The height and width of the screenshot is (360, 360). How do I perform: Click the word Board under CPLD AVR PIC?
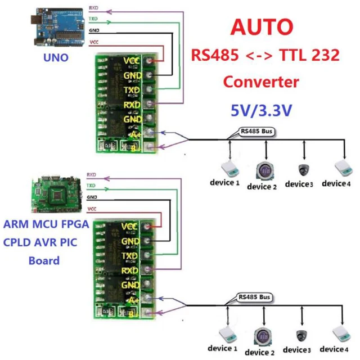pos(43,261)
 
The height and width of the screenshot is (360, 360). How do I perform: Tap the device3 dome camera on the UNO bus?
pos(304,169)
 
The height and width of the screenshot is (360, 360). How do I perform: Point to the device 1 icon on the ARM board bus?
pos(229,335)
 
